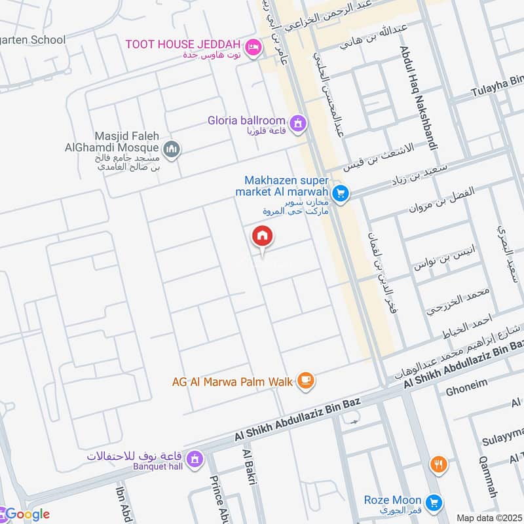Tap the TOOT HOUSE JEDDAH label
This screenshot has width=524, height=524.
click(x=186, y=43)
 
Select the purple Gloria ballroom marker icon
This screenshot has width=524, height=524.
click(x=298, y=122)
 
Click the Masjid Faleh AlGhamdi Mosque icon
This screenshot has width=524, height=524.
click(x=172, y=150)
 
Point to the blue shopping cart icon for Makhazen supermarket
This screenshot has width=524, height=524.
click(x=339, y=193)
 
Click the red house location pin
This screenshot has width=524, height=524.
click(x=263, y=236)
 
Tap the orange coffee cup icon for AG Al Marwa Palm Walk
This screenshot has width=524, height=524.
click(x=305, y=381)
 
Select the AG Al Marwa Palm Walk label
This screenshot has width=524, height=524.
click(x=233, y=381)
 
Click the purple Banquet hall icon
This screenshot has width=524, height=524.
click(x=194, y=461)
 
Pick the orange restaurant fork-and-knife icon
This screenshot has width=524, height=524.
click(x=438, y=465)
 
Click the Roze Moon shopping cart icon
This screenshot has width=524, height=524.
click(x=432, y=502)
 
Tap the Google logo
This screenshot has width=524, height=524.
click(x=26, y=514)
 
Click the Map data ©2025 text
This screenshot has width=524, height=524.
click(x=489, y=517)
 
